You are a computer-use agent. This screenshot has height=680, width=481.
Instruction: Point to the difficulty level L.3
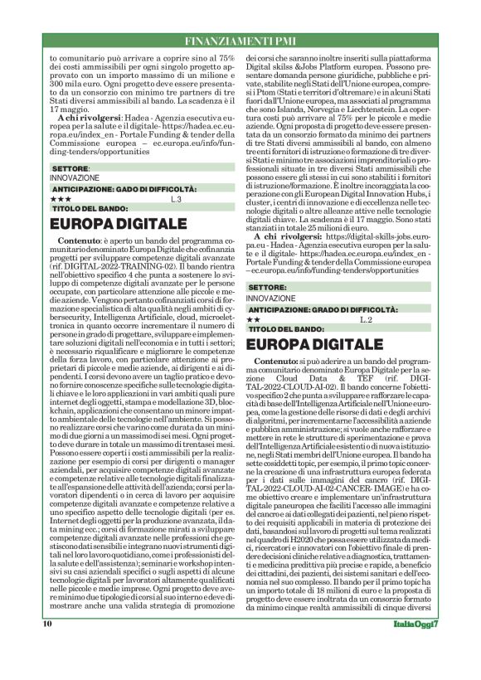(x=175, y=200)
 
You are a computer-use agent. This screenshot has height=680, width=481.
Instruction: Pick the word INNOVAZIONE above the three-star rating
(x=75, y=177)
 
